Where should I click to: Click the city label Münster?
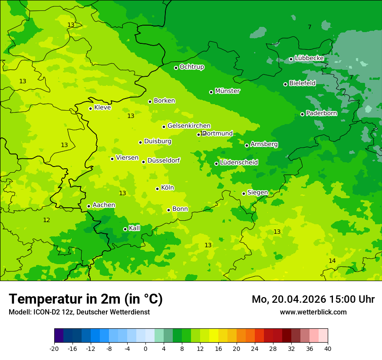(227, 91)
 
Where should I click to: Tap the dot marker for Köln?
(157, 189)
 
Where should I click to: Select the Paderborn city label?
(321, 114)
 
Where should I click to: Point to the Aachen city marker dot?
(89, 206)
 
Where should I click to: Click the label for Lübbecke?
(309, 58)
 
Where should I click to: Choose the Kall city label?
(135, 228)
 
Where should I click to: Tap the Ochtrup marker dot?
(176, 68)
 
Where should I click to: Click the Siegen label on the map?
(257, 193)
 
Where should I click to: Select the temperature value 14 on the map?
(332, 261)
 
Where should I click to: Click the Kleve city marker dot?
(90, 108)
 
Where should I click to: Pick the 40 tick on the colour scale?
(328, 349)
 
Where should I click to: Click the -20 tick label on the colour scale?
(54, 349)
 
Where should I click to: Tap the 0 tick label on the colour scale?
(145, 349)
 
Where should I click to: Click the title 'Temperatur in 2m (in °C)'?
(86, 299)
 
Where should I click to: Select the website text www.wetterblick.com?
(313, 312)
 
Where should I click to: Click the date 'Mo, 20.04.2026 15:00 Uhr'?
(313, 299)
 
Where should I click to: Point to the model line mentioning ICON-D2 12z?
(79, 312)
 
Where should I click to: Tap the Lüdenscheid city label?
(239, 163)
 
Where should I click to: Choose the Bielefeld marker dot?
(285, 84)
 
